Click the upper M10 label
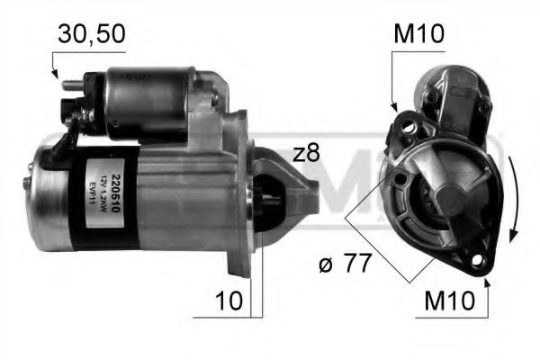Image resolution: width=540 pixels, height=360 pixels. [x=418, y=35]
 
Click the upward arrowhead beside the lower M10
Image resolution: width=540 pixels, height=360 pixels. [x=487, y=285]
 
